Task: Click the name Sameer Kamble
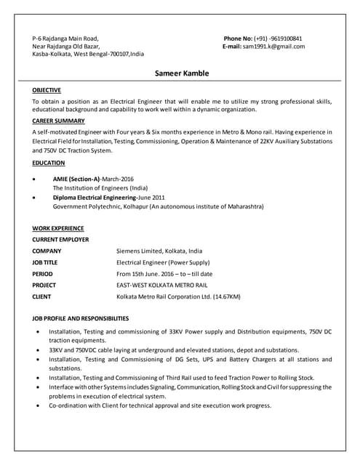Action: click(x=182, y=73)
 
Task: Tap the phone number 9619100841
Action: click(x=286, y=38)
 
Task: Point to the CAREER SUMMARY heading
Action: click(x=59, y=120)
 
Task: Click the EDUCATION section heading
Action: click(x=49, y=163)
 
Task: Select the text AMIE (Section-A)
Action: click(x=76, y=179)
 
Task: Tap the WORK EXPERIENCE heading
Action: click(x=57, y=228)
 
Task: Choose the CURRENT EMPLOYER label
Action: click(x=60, y=238)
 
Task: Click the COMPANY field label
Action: click(x=47, y=251)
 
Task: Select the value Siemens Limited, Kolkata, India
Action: click(x=161, y=251)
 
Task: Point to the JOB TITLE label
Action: click(x=45, y=262)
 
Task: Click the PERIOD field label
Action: click(x=42, y=274)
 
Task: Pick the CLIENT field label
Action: click(x=41, y=296)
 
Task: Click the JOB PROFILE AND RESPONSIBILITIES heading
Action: click(x=81, y=318)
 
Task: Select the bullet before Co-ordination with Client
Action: click(x=37, y=405)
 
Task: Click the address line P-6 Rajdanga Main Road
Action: click(x=65, y=38)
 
